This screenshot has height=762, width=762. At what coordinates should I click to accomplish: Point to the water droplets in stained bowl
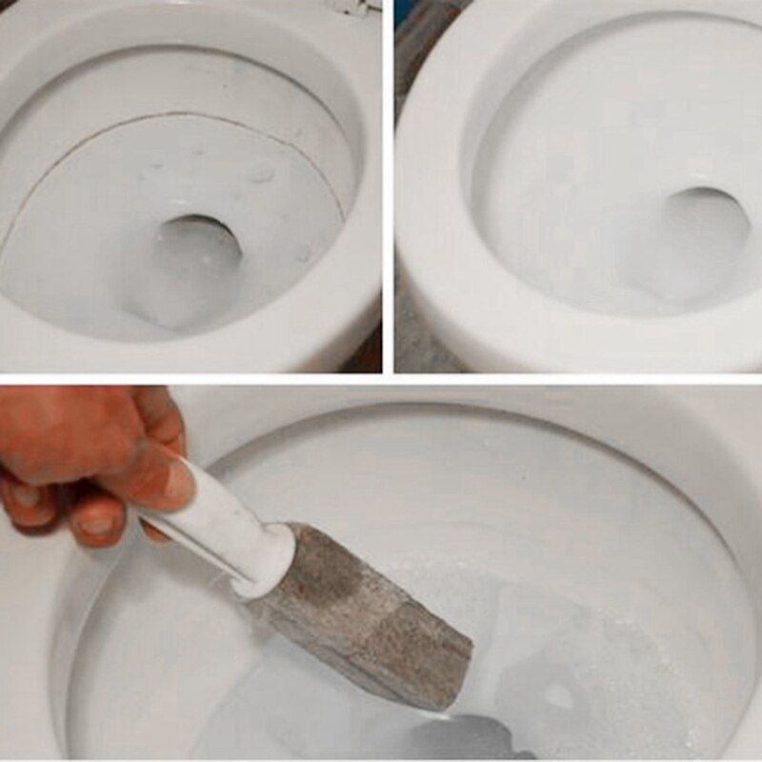pos(257,176)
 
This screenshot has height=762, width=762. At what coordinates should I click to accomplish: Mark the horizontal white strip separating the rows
pos(381,379)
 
